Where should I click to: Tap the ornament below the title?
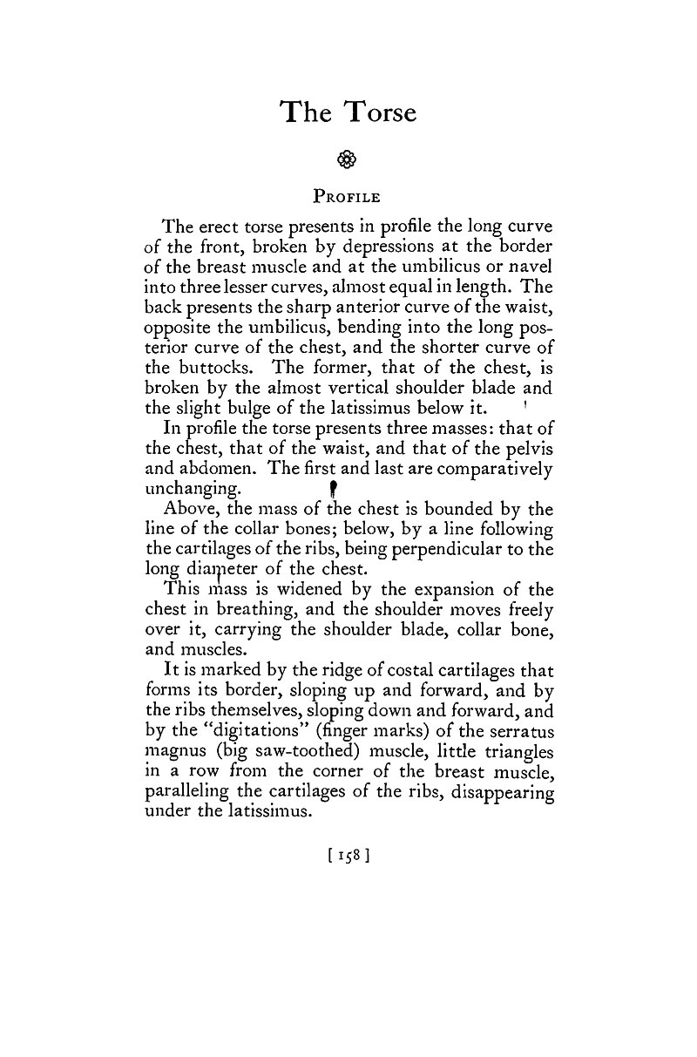[348, 159]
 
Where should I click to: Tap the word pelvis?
[527, 447]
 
